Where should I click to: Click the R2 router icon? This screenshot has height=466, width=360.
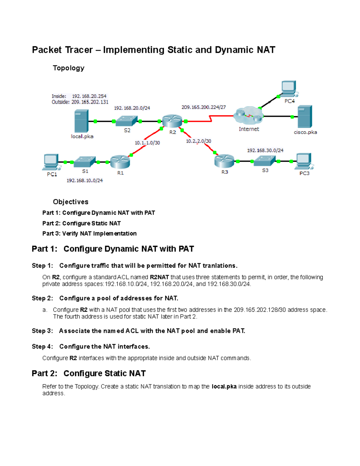[172, 121]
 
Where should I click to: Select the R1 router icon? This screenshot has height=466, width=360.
[120, 162]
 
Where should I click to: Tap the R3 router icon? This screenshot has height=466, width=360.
[224, 161]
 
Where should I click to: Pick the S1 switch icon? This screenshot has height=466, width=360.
[85, 162]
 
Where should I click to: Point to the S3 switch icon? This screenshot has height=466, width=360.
[265, 161]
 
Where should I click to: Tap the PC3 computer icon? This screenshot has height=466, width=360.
[304, 161]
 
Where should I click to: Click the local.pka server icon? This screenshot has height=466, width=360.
[81, 121]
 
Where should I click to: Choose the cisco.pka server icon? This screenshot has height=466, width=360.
[305, 117]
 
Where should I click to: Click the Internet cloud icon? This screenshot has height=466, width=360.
[249, 116]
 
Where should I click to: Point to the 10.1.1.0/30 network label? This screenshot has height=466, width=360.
[147, 143]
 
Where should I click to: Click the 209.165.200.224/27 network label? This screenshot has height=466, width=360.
[204, 107]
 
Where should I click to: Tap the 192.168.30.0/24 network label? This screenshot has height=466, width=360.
[265, 150]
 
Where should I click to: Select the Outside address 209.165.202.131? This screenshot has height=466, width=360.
[90, 102]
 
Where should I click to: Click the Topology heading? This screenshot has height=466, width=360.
[68, 68]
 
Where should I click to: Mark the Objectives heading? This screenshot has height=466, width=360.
[70, 202]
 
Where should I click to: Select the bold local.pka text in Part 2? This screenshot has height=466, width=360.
[224, 386]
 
